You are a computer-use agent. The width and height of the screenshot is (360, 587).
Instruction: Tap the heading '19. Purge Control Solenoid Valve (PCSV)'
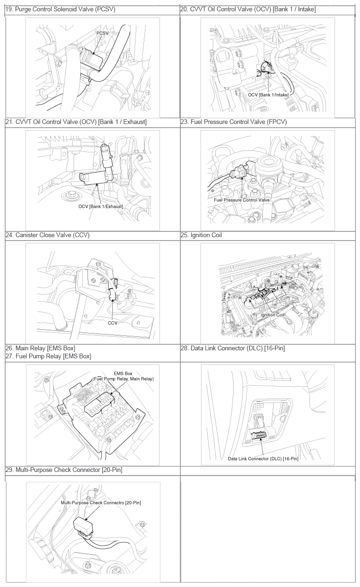(x=60, y=9)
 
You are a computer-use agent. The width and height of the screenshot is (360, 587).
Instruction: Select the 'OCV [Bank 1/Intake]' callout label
(x=268, y=95)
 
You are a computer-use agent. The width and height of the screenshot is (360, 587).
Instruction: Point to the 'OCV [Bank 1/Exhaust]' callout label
(x=100, y=207)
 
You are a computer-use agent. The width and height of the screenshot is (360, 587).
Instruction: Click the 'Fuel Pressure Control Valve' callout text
(x=242, y=200)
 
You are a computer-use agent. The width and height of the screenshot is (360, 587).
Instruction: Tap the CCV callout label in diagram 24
(x=112, y=323)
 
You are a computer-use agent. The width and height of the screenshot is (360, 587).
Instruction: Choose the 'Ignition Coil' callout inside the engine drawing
(x=272, y=315)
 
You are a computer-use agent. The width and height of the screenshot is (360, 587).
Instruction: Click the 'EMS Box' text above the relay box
(x=123, y=373)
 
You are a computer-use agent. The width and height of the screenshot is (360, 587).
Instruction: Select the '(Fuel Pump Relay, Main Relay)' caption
(x=123, y=379)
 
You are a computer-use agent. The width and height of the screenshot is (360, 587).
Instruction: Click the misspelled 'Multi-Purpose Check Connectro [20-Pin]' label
(x=100, y=503)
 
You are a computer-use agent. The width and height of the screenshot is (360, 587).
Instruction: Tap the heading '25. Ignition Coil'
(x=201, y=235)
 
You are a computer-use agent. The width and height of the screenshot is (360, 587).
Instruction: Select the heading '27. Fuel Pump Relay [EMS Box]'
(x=48, y=356)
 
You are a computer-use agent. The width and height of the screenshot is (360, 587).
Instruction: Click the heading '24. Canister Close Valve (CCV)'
(x=48, y=235)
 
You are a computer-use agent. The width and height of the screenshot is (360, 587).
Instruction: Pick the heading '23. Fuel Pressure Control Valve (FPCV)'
(x=234, y=122)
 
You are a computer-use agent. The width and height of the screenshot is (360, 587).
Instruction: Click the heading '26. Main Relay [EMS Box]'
(x=41, y=348)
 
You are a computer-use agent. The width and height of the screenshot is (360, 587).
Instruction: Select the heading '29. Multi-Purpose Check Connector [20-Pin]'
(x=64, y=470)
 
